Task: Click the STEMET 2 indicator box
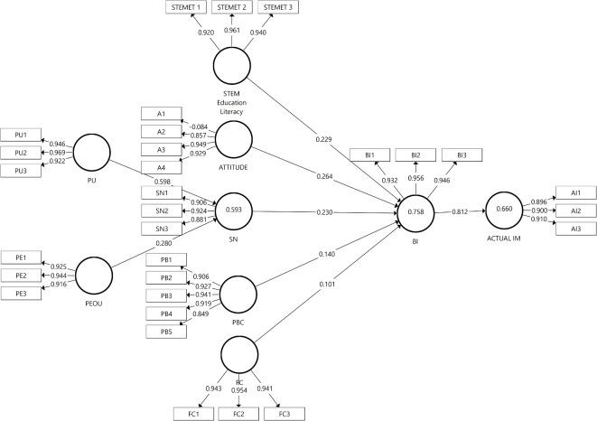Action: click(232, 8)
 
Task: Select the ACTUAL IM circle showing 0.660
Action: click(506, 210)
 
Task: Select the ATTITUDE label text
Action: click(232, 167)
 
